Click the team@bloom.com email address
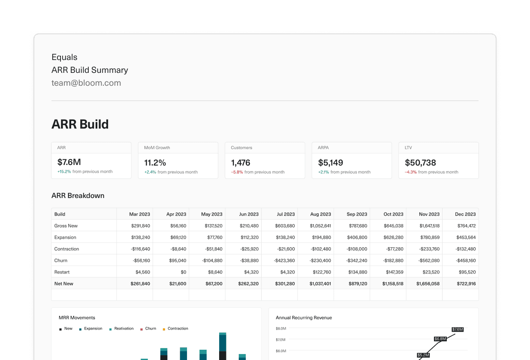(86, 83)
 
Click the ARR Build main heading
(80, 124)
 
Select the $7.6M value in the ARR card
(69, 162)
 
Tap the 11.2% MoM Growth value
(155, 162)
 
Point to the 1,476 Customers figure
(241, 162)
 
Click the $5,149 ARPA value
(331, 162)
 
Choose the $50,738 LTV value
(420, 162)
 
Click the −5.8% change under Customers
(237, 172)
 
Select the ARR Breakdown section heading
(78, 195)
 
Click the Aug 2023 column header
(320, 214)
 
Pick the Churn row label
(61, 260)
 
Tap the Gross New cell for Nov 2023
(428, 225)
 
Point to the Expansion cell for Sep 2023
(357, 237)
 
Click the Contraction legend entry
(178, 329)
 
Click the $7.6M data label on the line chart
(458, 329)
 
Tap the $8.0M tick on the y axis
(280, 328)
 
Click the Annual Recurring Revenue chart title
(304, 318)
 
